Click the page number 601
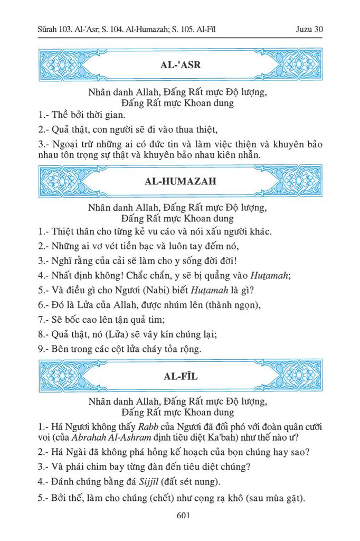(180, 516)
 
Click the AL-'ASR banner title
(180, 66)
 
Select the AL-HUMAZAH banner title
(180, 181)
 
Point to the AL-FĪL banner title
(180, 376)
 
